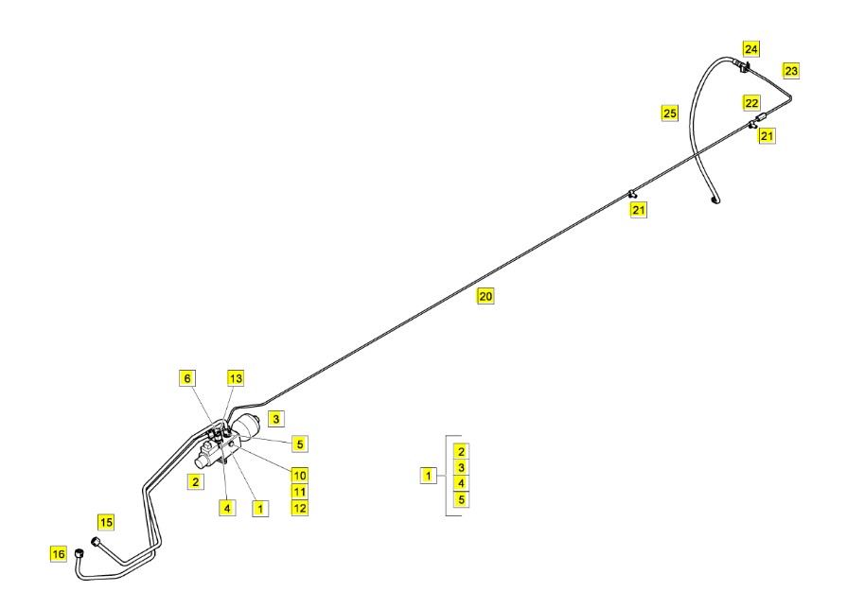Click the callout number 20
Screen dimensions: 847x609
485,296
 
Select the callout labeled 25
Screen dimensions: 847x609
669,113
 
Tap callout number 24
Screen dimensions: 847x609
750,49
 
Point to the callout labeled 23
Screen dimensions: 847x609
791,71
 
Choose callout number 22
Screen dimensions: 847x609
751,103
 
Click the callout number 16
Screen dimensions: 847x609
59,554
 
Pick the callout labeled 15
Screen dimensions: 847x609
106,522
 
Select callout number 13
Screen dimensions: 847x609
236,378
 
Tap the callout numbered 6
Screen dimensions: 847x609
186,378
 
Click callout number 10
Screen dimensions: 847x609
299,476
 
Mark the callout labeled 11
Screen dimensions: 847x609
299,492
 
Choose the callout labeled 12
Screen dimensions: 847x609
299,508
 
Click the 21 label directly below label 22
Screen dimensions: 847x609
767,135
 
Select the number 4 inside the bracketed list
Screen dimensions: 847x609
461,483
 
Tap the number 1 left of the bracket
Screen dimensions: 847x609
429,476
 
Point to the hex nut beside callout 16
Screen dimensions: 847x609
79,553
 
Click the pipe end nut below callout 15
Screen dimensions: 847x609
97,540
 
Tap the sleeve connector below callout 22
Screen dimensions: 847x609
761,117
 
